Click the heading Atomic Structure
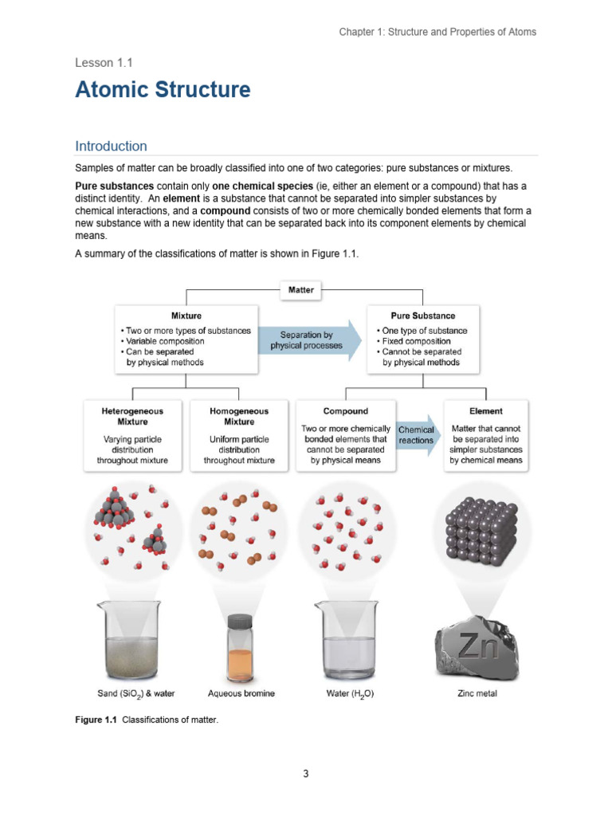coord(163,90)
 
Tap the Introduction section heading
coord(111,146)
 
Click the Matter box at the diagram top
coord(300,290)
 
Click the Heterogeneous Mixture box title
coord(132,416)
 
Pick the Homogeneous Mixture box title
coord(239,416)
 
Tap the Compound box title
coord(346,411)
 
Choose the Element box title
coord(486,411)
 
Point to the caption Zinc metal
coord(477,693)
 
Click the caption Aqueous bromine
coord(241,693)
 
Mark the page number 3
coord(305,773)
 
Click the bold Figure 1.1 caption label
coord(96,720)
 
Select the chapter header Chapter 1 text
coord(437,32)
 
